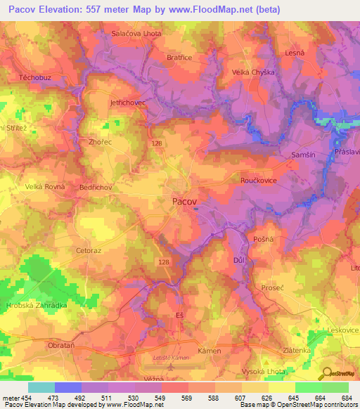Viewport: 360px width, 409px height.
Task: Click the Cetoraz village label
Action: click(89, 249)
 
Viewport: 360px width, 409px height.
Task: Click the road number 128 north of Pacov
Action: click(156, 143)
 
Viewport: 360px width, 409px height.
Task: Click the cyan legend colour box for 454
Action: click(41, 387)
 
